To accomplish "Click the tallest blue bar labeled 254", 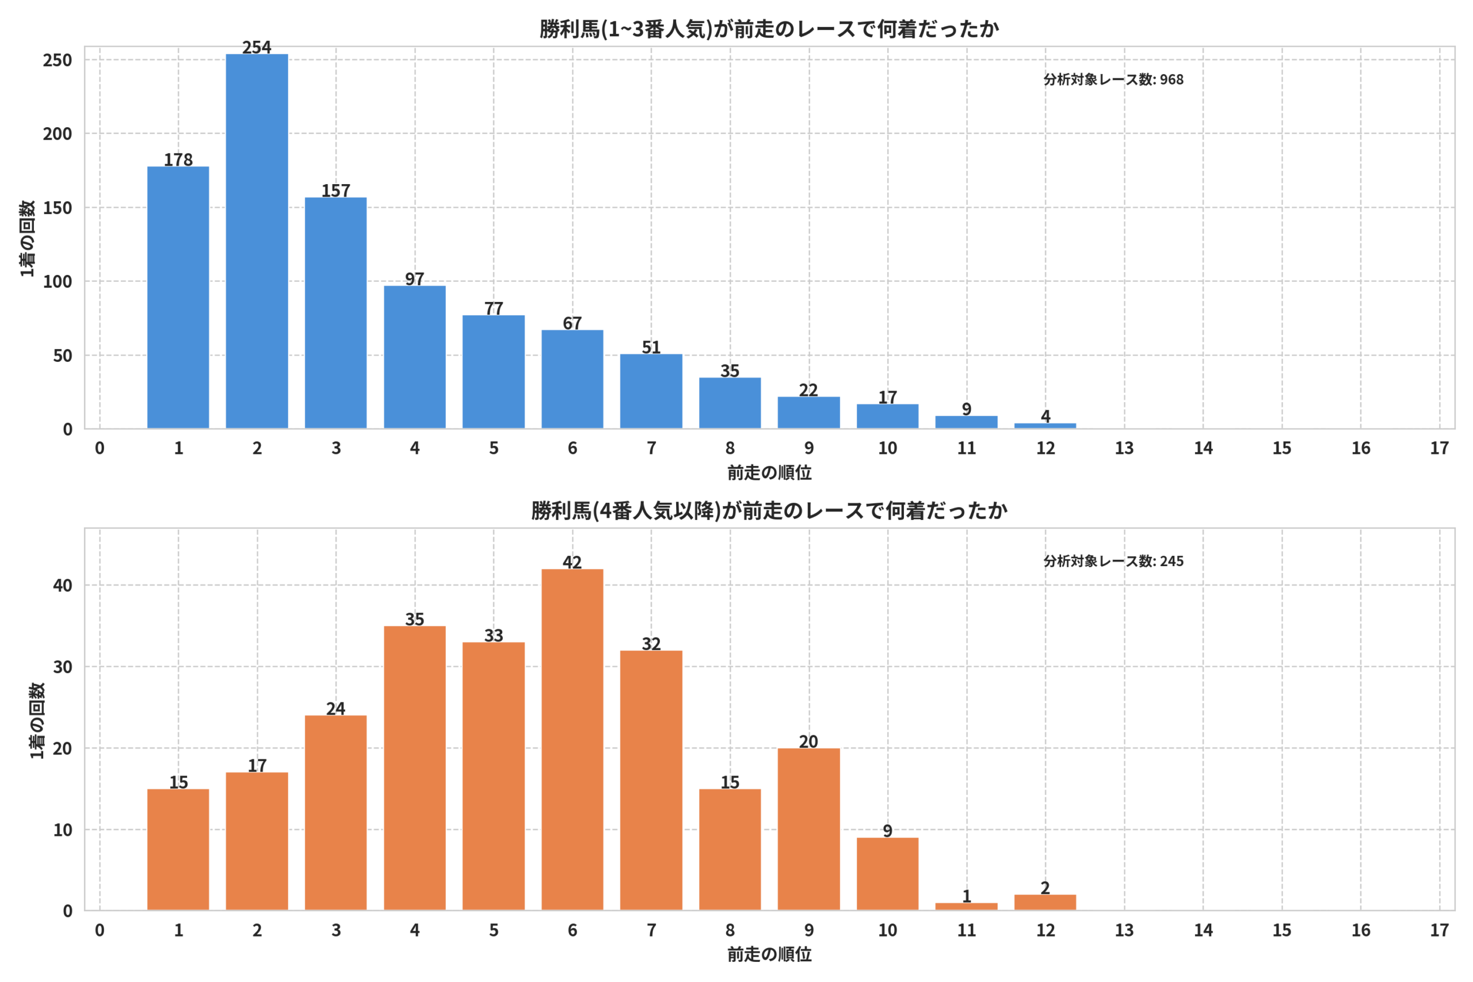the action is tap(257, 241).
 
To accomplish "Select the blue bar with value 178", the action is tap(178, 297).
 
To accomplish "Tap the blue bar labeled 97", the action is tap(415, 357).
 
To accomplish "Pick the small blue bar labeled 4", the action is tap(1045, 426).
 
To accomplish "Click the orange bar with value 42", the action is tap(573, 740).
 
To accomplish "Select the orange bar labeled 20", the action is tap(808, 829).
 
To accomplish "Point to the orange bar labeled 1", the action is tap(966, 907).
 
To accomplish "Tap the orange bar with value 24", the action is tap(335, 813).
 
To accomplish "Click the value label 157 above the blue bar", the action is tap(335, 190).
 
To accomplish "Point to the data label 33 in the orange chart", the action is tap(494, 636).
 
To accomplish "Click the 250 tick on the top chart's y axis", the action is tap(58, 60).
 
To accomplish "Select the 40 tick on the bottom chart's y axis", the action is tap(63, 586).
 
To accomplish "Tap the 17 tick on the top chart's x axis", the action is tap(1439, 448).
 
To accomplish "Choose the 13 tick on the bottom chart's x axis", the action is tap(1124, 930).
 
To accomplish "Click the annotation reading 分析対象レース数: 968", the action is tap(1113, 79).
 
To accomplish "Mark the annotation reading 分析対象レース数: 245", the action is tap(1113, 561).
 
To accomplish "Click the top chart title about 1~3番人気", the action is tap(769, 29).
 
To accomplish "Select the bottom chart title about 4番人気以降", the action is tap(769, 511).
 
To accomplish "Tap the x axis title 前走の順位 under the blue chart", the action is tap(769, 473).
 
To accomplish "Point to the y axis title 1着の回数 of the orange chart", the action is tap(37, 720).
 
